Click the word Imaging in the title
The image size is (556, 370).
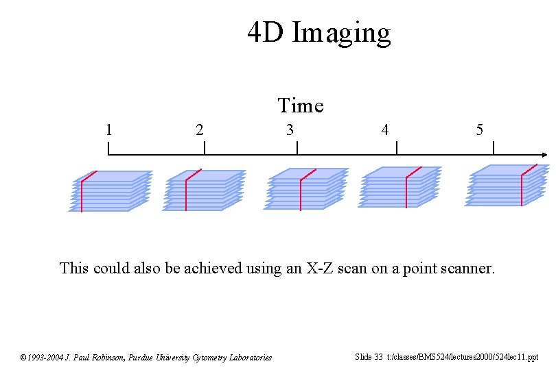point(341,33)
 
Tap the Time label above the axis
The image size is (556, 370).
point(300,106)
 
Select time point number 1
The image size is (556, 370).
point(108,129)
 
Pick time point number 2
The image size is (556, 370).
point(199,129)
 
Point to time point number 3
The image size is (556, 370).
point(290,129)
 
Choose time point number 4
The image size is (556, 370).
point(386,129)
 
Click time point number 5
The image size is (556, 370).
point(479,129)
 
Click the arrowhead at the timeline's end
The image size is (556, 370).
point(544,156)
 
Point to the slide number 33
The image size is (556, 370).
point(378,356)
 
